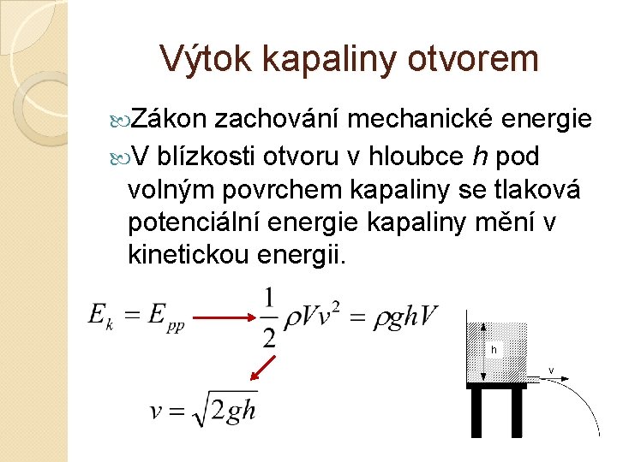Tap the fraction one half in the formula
coord(269,318)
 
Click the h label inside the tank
coord(494,350)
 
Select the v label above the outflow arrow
coord(551,370)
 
